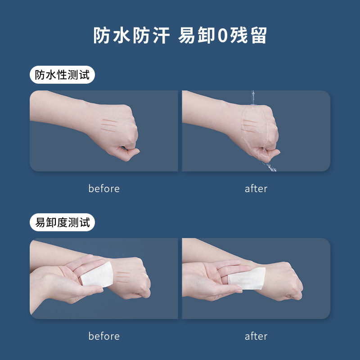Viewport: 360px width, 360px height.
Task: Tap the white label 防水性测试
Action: [62, 75]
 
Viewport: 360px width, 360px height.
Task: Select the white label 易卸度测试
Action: [62, 222]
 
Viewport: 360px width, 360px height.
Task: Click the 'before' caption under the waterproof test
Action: [104, 189]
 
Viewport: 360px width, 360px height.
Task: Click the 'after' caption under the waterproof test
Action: [256, 189]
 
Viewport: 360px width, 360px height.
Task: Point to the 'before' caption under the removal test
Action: [104, 336]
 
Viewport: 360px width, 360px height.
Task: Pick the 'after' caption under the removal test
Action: [256, 336]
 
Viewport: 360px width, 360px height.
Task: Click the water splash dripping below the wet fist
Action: [270, 166]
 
